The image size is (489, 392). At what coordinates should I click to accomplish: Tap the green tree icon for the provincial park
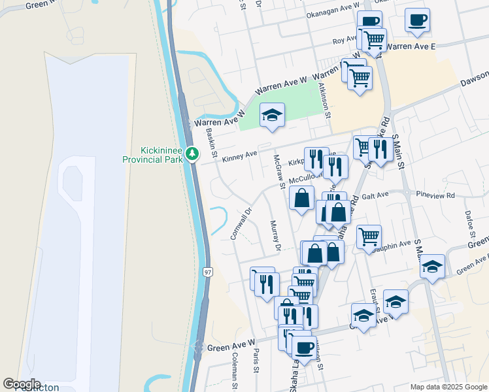(192, 154)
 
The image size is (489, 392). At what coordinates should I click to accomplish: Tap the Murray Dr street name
(275, 235)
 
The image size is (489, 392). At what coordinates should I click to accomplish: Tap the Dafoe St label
(469, 223)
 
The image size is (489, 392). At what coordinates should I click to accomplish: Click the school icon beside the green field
(272, 116)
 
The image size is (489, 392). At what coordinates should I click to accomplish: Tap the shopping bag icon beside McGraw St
(301, 198)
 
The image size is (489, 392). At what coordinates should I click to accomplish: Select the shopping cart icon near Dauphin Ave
(369, 237)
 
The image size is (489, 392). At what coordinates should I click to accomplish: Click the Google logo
(22, 384)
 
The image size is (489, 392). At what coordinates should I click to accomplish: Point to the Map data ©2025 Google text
(448, 387)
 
